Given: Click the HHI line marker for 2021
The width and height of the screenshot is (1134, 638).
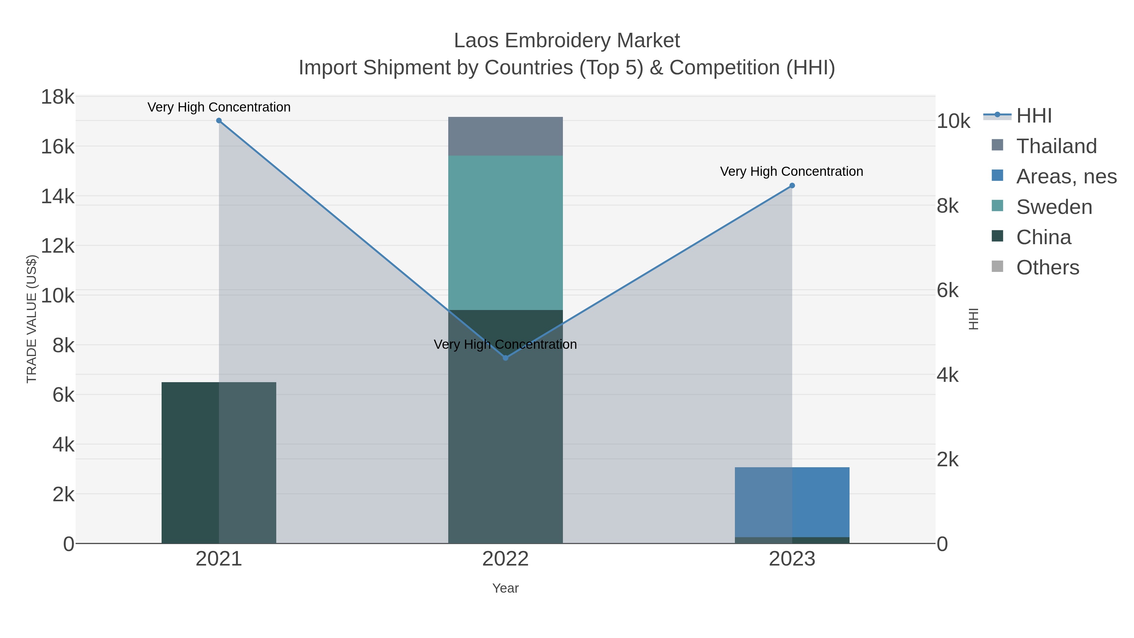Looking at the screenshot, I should (219, 121).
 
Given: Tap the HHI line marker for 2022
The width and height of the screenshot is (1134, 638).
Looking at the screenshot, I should (505, 358).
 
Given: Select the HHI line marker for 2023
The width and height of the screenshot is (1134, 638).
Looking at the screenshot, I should (792, 186).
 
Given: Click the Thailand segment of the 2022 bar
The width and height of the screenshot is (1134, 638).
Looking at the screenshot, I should (505, 136).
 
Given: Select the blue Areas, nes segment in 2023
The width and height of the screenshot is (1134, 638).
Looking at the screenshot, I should (792, 502).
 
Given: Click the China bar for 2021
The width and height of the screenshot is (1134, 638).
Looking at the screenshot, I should (219, 462).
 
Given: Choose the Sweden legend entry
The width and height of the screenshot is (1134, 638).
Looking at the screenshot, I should (1054, 207).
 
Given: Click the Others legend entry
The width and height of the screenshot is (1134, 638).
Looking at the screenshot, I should (1048, 268).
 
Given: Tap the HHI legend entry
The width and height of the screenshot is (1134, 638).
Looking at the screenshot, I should (1034, 116).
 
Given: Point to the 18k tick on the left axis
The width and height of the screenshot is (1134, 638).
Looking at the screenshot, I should (58, 97).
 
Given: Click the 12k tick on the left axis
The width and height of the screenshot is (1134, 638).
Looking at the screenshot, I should (58, 246).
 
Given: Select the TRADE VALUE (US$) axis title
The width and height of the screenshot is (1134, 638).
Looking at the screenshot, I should (32, 319).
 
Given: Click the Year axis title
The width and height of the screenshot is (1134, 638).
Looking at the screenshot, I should (505, 588).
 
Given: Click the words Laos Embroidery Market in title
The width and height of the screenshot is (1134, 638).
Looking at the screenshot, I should (567, 41).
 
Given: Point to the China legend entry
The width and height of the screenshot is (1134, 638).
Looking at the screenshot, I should (1043, 237).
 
